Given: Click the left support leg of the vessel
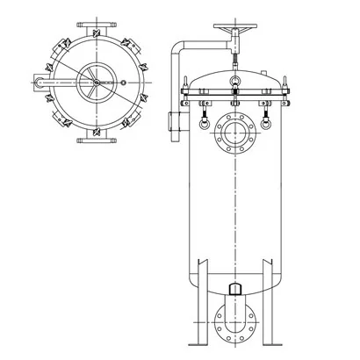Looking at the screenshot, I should pyautogui.click(x=201, y=299).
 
